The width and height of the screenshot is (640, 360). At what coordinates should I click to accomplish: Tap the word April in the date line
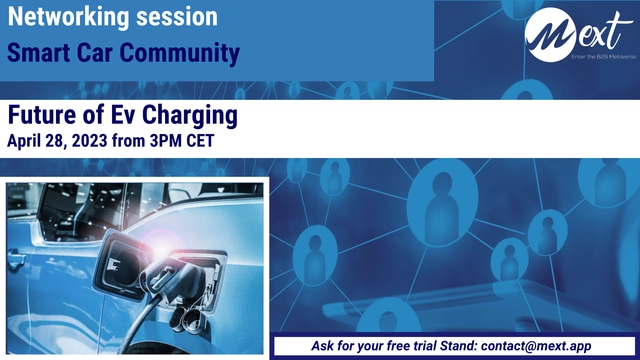[x=28, y=141]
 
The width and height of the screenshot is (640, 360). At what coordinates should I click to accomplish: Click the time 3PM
[x=185, y=141]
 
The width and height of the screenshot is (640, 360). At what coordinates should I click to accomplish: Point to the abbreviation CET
[x=227, y=141]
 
